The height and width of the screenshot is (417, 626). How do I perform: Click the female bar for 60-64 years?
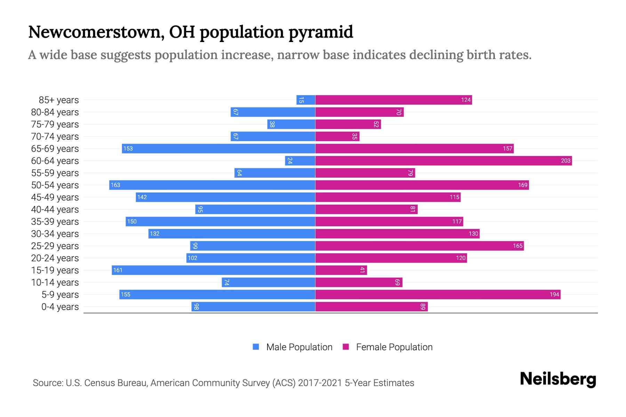click(x=443, y=161)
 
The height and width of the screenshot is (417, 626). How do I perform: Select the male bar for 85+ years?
click(x=306, y=100)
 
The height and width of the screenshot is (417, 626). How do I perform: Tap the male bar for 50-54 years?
click(x=212, y=185)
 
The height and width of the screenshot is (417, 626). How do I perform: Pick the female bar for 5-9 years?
click(x=438, y=294)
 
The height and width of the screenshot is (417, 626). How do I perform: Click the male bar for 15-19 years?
click(x=213, y=270)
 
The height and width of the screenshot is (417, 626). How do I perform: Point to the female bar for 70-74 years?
click(x=337, y=137)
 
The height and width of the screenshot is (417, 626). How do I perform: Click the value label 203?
click(x=565, y=161)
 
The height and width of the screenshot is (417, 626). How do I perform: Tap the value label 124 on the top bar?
click(x=466, y=100)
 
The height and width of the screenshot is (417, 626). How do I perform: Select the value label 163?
click(x=115, y=185)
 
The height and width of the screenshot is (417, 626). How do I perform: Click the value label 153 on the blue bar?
click(x=128, y=148)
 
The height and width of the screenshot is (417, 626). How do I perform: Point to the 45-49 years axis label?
click(x=55, y=197)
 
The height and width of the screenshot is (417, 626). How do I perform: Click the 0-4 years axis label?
click(x=60, y=307)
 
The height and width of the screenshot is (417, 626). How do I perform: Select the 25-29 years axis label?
click(x=55, y=246)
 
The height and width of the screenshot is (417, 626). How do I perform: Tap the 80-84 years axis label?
click(x=55, y=112)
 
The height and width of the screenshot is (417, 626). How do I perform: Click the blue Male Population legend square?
click(x=256, y=347)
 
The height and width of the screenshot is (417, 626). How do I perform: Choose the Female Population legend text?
click(x=394, y=347)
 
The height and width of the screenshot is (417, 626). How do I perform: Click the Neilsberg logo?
click(x=558, y=379)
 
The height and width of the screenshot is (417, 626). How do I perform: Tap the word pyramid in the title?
click(x=321, y=33)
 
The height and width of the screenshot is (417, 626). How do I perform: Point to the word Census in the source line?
click(x=98, y=383)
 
